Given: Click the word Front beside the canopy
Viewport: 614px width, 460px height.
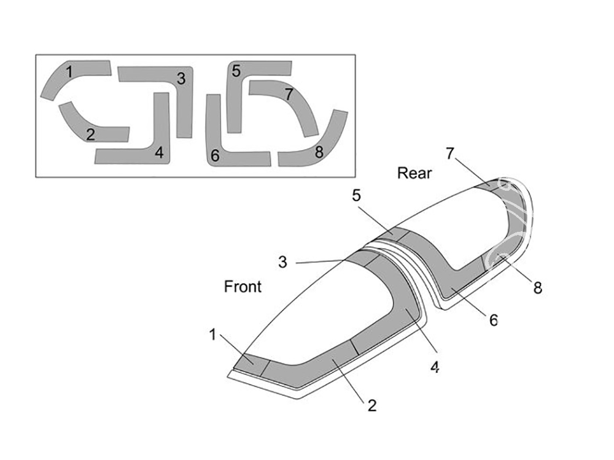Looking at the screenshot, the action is [x=243, y=286].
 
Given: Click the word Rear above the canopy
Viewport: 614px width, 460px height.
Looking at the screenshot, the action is [x=414, y=173].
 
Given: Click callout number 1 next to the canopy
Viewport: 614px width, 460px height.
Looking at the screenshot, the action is [x=212, y=334].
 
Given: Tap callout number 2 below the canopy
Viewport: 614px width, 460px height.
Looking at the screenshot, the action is [x=372, y=405].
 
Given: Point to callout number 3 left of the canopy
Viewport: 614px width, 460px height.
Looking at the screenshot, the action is [x=282, y=262].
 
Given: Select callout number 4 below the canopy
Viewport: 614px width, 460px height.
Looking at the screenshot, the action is [x=435, y=367].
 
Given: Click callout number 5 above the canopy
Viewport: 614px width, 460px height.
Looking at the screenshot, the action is [x=356, y=195].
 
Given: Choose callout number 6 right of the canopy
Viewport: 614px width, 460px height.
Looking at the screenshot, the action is [x=494, y=320].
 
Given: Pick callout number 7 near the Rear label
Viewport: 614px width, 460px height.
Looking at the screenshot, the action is [x=450, y=153].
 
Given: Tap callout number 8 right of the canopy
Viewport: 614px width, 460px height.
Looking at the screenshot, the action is [x=538, y=288].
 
